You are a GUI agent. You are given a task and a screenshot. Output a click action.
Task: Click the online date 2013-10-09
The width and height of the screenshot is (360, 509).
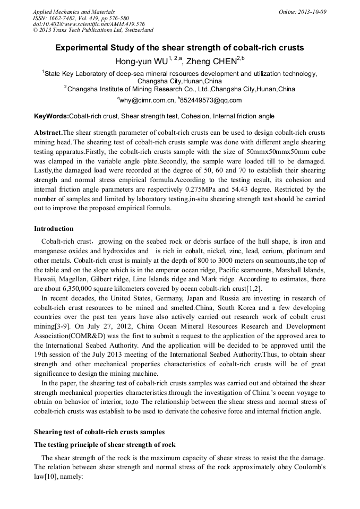312,12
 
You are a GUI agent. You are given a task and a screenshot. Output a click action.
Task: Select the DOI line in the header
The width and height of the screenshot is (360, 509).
89,24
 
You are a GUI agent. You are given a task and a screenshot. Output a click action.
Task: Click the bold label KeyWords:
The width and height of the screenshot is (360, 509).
51,116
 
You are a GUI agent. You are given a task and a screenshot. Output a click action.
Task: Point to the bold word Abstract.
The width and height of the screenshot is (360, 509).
48,132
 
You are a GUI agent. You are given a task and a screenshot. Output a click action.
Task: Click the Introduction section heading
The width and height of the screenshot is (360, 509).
54,229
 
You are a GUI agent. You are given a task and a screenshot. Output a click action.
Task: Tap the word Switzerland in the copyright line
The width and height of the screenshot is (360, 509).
136,30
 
